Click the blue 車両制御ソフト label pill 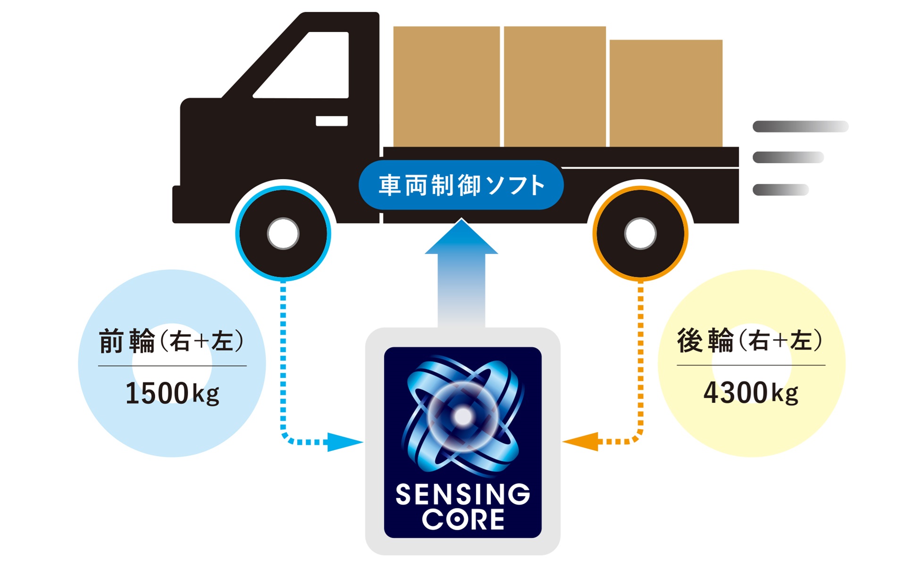click(x=461, y=185)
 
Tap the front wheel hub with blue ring click(x=283, y=233)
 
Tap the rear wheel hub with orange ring click(x=640, y=233)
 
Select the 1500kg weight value click(x=172, y=393)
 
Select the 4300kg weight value click(x=751, y=392)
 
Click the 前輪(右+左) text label click(x=171, y=341)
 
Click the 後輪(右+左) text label click(x=750, y=340)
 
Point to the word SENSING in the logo click(x=462, y=494)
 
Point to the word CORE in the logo click(x=462, y=519)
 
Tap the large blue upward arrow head click(x=461, y=240)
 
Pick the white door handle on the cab click(x=331, y=121)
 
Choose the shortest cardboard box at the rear click(x=666, y=93)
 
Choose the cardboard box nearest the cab click(x=446, y=86)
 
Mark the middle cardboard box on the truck click(x=554, y=86)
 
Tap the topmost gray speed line click(x=800, y=126)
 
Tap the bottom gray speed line click(x=780, y=190)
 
